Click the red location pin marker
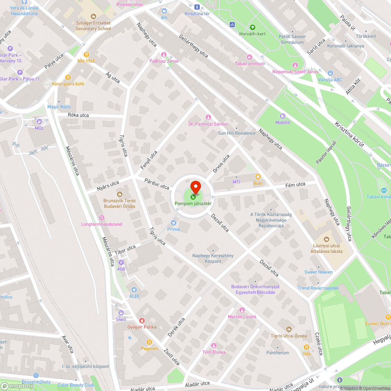195,187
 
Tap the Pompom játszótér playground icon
193,197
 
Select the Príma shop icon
174,222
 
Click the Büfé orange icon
258,177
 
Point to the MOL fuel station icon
39,122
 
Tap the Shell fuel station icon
121,313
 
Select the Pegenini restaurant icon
144,342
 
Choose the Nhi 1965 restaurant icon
86,55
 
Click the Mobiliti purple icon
283,116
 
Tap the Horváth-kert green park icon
252,27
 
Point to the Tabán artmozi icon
249,57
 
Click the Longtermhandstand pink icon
101,218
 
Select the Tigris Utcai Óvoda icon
289,329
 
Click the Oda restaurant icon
307,347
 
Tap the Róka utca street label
78,115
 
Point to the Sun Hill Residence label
237,133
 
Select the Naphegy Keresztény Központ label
213,258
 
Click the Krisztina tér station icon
197,7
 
